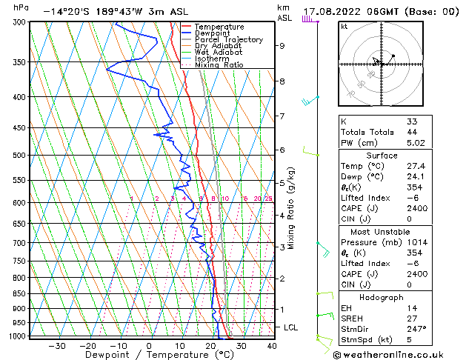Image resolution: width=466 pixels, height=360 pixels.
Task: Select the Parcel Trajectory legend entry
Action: (228, 39)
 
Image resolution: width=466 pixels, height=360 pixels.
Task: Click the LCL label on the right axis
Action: (291, 327)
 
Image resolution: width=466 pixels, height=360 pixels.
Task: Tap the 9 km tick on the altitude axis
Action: (282, 46)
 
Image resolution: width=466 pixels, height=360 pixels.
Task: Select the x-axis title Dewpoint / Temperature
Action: (149, 355)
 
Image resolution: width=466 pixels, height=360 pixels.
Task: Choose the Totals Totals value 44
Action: (412, 132)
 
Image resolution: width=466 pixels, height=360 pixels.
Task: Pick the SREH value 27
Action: (412, 318)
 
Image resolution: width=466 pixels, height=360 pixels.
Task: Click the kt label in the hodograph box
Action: (344, 26)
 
